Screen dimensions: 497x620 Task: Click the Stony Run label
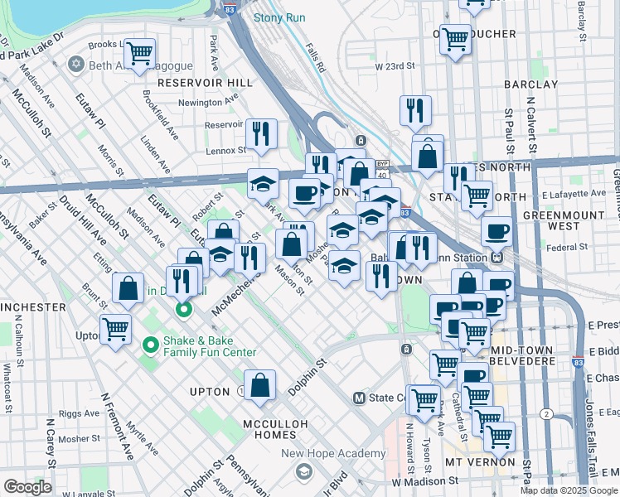(279, 17)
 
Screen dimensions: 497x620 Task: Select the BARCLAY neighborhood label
(530, 84)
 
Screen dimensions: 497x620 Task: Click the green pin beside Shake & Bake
(150, 344)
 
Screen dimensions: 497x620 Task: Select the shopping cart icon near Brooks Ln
(140, 53)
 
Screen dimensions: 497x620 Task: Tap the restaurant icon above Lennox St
(261, 133)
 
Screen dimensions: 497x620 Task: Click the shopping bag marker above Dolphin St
(260, 384)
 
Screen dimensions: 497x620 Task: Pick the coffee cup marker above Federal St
(497, 231)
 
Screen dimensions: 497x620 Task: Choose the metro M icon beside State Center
(360, 398)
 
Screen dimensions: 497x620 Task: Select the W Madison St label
(425, 481)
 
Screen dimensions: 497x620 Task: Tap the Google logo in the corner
(27, 487)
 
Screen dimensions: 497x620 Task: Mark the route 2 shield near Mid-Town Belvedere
(546, 413)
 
